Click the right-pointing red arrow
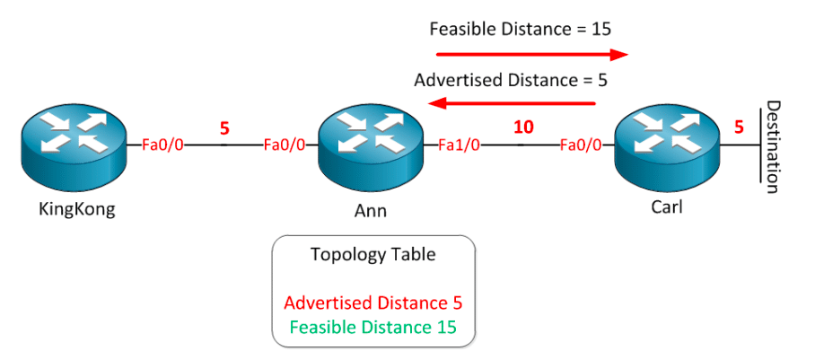(x=527, y=54)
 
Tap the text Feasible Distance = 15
(x=521, y=29)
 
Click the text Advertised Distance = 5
(x=511, y=80)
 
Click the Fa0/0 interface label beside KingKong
(x=162, y=144)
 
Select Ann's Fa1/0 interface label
(x=459, y=144)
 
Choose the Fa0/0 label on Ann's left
(x=285, y=144)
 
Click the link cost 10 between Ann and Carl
(x=522, y=127)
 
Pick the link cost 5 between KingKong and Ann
(x=224, y=127)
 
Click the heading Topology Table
(x=372, y=254)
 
